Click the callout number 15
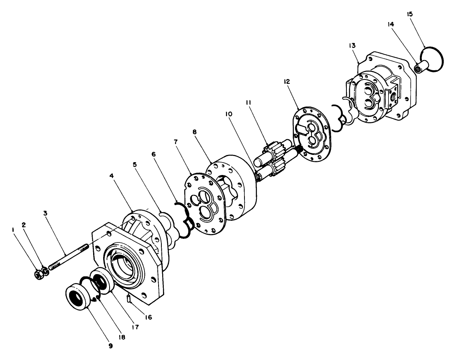coord(409,14)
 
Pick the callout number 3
coord(45,214)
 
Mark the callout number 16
coord(149,317)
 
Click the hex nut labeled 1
coord(39,275)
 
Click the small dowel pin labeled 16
coord(129,299)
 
